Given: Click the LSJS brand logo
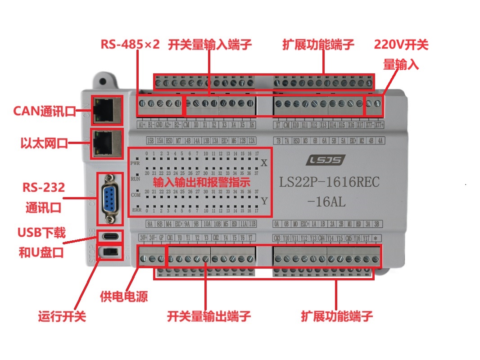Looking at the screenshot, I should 327,160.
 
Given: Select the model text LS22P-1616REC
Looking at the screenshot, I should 329,182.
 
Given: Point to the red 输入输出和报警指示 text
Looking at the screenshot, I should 201,183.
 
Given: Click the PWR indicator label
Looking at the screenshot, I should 135,163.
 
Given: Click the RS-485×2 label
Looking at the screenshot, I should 130,45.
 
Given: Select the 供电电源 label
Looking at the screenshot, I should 123,297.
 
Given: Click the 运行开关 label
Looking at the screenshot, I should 62,316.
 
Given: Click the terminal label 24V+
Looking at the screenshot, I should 144,238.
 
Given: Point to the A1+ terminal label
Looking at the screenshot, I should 141,124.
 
